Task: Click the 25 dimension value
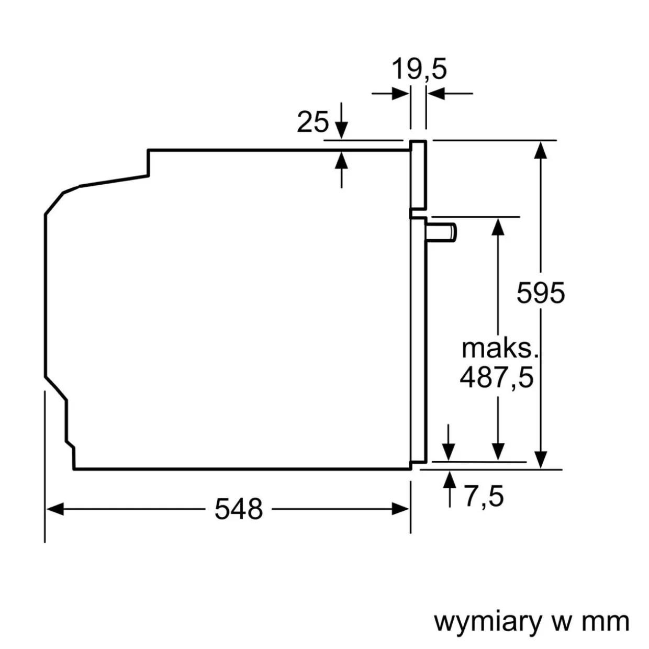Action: pyautogui.click(x=313, y=122)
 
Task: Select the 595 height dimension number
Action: pyautogui.click(x=541, y=293)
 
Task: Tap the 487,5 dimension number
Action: pyautogui.click(x=497, y=377)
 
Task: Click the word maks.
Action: pyautogui.click(x=499, y=348)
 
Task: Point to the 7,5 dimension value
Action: pyautogui.click(x=484, y=496)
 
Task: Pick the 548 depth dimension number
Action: pyautogui.click(x=239, y=509)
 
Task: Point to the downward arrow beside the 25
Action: pyautogui.click(x=341, y=129)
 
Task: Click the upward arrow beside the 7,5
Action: pyautogui.click(x=449, y=479)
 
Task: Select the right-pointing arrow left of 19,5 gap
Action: pyautogui.click(x=400, y=94)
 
